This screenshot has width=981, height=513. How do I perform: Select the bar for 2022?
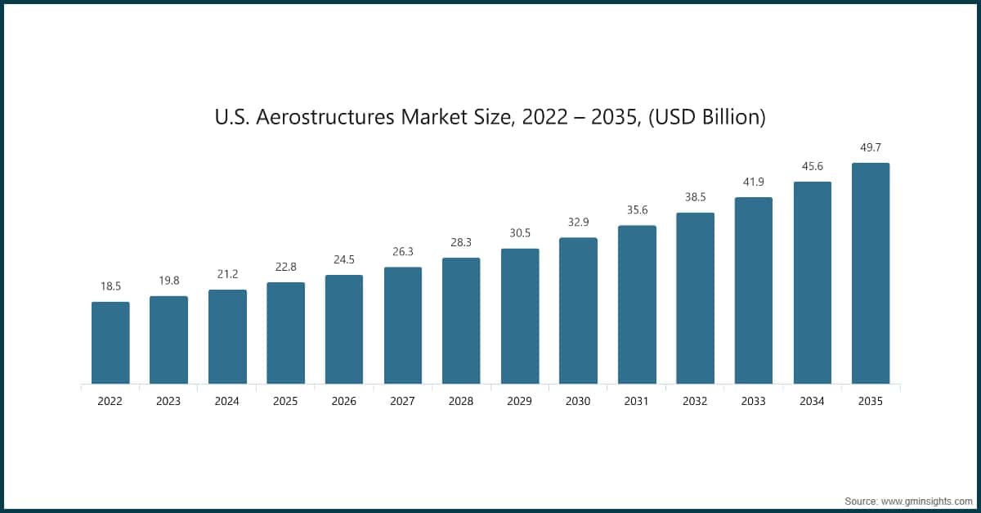point(110,342)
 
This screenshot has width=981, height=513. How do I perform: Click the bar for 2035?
point(871,272)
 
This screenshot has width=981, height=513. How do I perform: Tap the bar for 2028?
point(461,320)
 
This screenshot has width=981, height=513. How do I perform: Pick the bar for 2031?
point(637,304)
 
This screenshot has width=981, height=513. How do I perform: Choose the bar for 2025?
point(285,332)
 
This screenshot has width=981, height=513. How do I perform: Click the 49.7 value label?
point(871,147)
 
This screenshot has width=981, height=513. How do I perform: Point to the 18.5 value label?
point(110,286)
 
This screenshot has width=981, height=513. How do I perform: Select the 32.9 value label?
point(578,222)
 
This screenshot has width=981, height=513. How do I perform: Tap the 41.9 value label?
point(754,182)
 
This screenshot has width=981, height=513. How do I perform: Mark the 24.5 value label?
point(344,259)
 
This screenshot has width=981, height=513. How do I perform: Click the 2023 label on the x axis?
point(168,402)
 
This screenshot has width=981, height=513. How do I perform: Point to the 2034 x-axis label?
point(812,402)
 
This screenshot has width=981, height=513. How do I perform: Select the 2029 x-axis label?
point(520,402)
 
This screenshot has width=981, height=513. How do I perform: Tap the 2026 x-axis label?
point(344,402)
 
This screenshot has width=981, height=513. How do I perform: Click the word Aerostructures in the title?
point(325,117)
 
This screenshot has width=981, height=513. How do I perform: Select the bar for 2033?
point(754,290)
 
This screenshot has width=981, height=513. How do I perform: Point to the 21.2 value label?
point(227,274)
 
